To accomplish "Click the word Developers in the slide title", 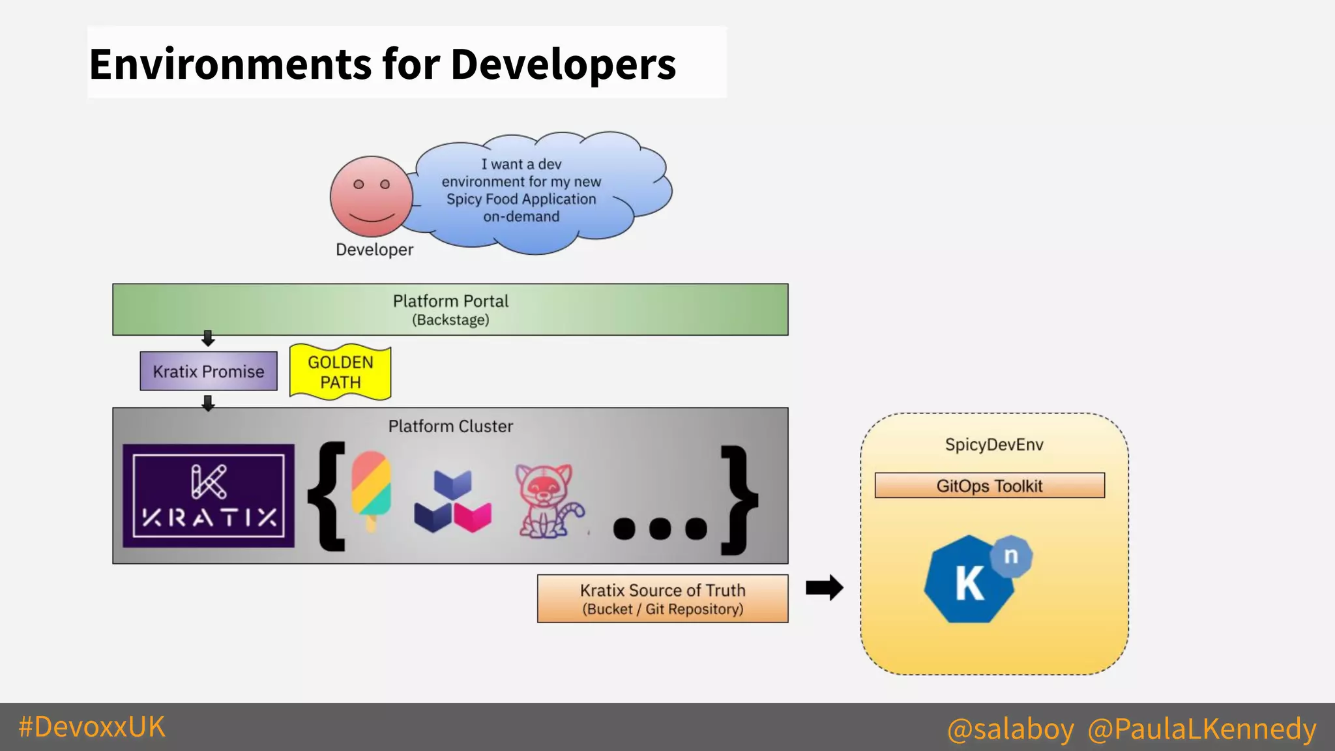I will click(563, 65).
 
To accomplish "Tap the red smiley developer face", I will click(371, 196).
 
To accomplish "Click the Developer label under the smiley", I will click(374, 250).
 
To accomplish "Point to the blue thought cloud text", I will click(521, 190).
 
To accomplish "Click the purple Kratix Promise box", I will click(209, 372).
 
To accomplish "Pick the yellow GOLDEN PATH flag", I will click(340, 372).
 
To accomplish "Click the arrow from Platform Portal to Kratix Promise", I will click(208, 338).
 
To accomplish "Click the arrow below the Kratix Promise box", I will click(208, 403).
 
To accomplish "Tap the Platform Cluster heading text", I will click(450, 426).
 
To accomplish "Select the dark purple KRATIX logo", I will click(209, 495).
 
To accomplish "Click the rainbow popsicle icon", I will click(371, 489).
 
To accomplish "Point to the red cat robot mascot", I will click(546, 501).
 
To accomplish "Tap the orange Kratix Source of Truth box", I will click(662, 598).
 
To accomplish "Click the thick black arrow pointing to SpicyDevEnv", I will click(824, 588).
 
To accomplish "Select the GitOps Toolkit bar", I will click(990, 486).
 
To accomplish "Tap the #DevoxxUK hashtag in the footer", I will click(92, 727).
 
